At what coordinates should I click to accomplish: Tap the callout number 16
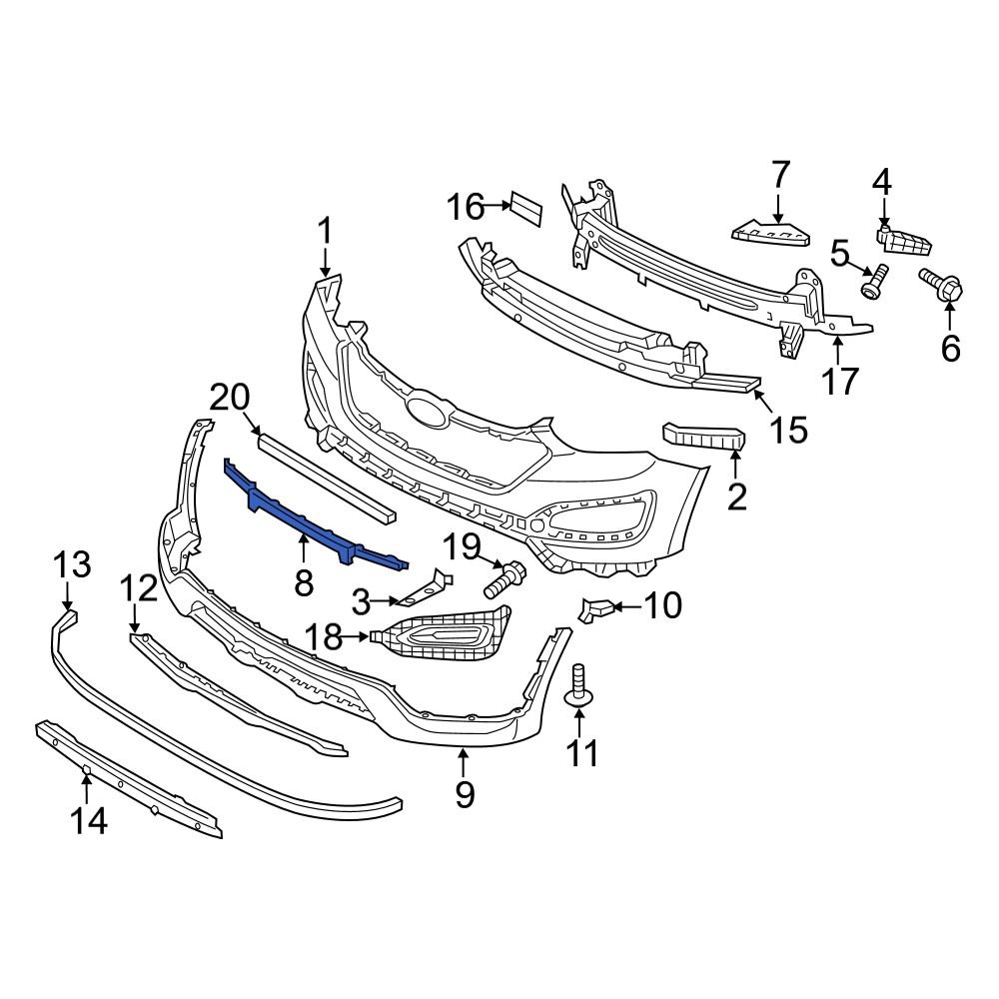466,208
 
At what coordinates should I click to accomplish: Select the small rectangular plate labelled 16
525,208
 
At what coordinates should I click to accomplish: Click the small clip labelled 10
597,608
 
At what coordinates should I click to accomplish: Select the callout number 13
72,564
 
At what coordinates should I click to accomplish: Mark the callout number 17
841,380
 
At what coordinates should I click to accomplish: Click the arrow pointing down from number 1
325,263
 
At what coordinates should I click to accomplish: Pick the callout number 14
88,821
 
